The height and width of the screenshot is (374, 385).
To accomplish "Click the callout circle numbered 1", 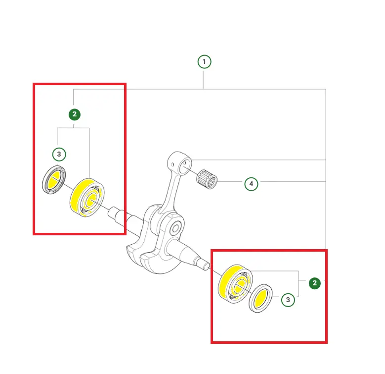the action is [204, 61].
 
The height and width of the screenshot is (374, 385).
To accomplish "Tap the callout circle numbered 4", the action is [251, 184].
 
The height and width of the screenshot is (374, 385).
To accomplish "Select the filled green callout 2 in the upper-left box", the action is [75, 114].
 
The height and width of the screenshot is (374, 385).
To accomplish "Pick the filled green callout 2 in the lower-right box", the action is [314, 283].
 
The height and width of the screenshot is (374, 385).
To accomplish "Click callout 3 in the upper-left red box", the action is [59, 154].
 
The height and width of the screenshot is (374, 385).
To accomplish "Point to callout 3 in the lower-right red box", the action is [288, 300].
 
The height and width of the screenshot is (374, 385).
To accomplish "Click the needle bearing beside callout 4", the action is [207, 179].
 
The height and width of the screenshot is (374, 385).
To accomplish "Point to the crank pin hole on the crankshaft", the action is [175, 229].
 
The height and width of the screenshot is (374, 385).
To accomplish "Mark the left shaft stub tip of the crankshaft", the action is [111, 213].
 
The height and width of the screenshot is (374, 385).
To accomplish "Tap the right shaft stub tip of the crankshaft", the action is [207, 267].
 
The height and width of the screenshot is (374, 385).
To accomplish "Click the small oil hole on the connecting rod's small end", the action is [172, 164].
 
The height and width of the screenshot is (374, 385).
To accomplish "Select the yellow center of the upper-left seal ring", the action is [54, 181].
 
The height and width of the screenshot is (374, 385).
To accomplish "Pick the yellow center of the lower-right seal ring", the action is [261, 298].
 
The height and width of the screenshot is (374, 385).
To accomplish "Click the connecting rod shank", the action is [170, 191].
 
